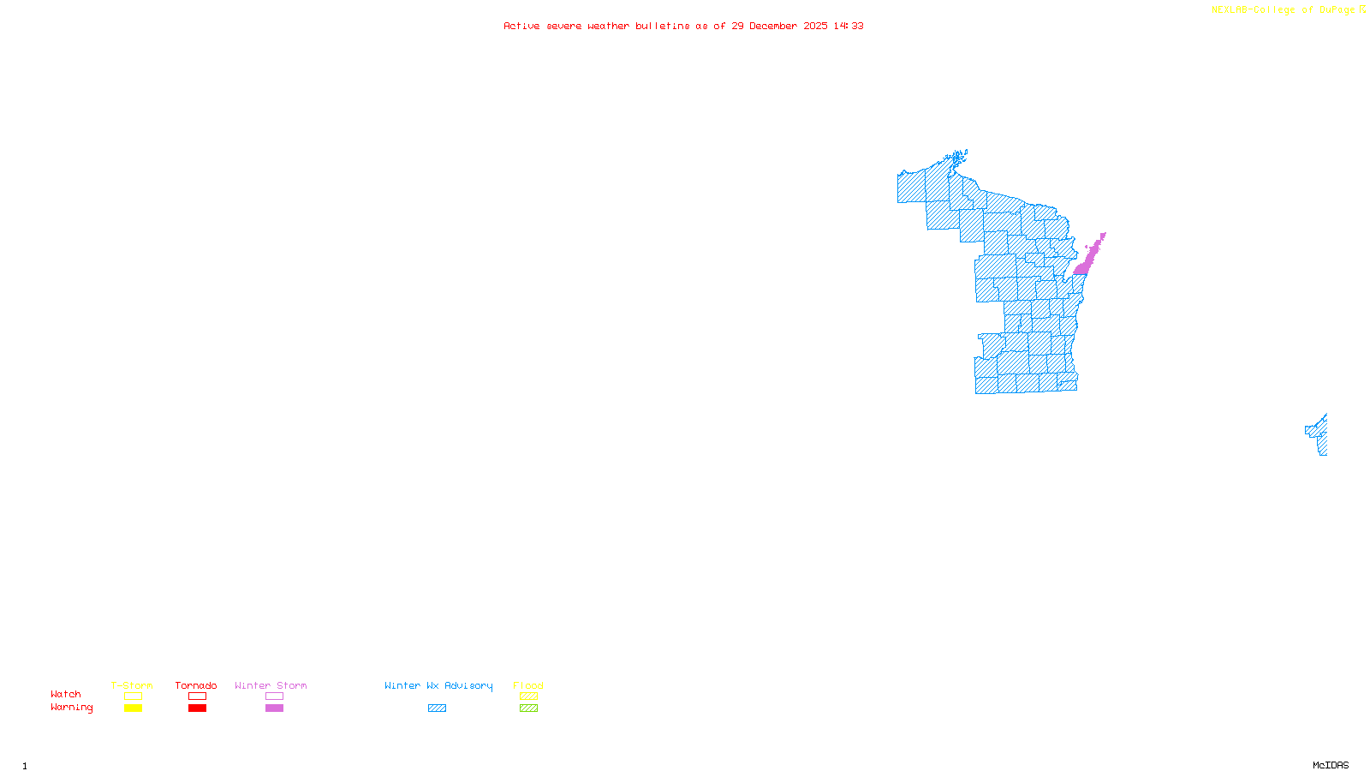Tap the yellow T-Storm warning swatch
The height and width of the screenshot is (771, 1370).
pyautogui.click(x=133, y=708)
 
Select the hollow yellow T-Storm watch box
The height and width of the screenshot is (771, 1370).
pyautogui.click(x=133, y=696)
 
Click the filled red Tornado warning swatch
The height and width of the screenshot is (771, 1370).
pyautogui.click(x=197, y=708)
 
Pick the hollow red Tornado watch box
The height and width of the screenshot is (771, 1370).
pyautogui.click(x=197, y=696)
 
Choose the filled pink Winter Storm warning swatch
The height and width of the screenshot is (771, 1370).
pyautogui.click(x=274, y=708)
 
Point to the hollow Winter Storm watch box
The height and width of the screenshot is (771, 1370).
pyautogui.click(x=274, y=696)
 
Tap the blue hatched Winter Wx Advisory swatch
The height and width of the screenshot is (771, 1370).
pyautogui.click(x=437, y=708)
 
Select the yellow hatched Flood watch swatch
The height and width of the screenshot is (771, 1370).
pyautogui.click(x=528, y=696)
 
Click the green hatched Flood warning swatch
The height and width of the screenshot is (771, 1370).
pyautogui.click(x=528, y=708)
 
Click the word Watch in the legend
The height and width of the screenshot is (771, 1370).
pyautogui.click(x=66, y=695)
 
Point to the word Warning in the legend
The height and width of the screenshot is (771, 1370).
pyautogui.click(x=71, y=708)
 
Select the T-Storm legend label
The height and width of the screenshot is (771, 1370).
pyautogui.click(x=132, y=685)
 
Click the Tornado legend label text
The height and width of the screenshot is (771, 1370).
pyautogui.click(x=196, y=685)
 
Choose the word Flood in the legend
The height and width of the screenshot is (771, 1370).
pyautogui.click(x=528, y=685)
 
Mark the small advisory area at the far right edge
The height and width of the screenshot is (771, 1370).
pyautogui.click(x=1319, y=435)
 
